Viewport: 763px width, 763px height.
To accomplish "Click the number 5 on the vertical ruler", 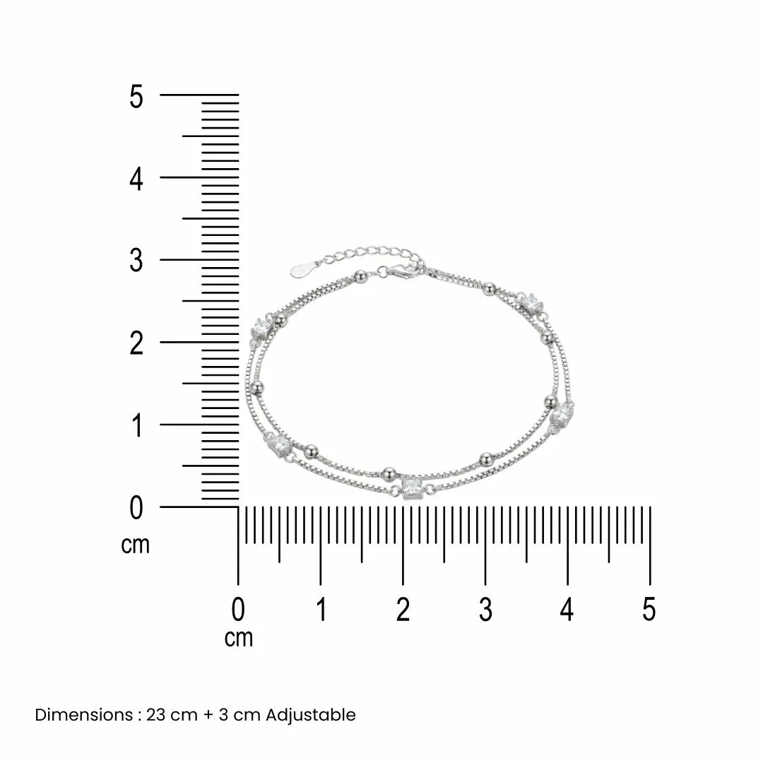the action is pyautogui.click(x=136, y=96).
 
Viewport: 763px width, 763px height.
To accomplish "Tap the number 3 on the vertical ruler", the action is pyautogui.click(x=136, y=260).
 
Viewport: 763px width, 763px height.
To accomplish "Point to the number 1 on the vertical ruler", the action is pyautogui.click(x=137, y=425).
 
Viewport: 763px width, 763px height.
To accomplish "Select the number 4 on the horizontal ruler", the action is pyautogui.click(x=567, y=610).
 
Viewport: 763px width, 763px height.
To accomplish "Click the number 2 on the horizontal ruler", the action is pyautogui.click(x=403, y=610).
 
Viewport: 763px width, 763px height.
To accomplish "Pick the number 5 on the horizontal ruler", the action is pyautogui.click(x=649, y=610).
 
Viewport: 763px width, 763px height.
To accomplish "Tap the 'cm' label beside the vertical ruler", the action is pyautogui.click(x=135, y=545).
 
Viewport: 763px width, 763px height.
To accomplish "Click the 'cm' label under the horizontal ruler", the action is pyautogui.click(x=239, y=638).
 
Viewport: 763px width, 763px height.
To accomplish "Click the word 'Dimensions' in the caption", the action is pyautogui.click(x=83, y=715).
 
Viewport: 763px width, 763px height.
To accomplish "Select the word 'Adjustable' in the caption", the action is pyautogui.click(x=311, y=715).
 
